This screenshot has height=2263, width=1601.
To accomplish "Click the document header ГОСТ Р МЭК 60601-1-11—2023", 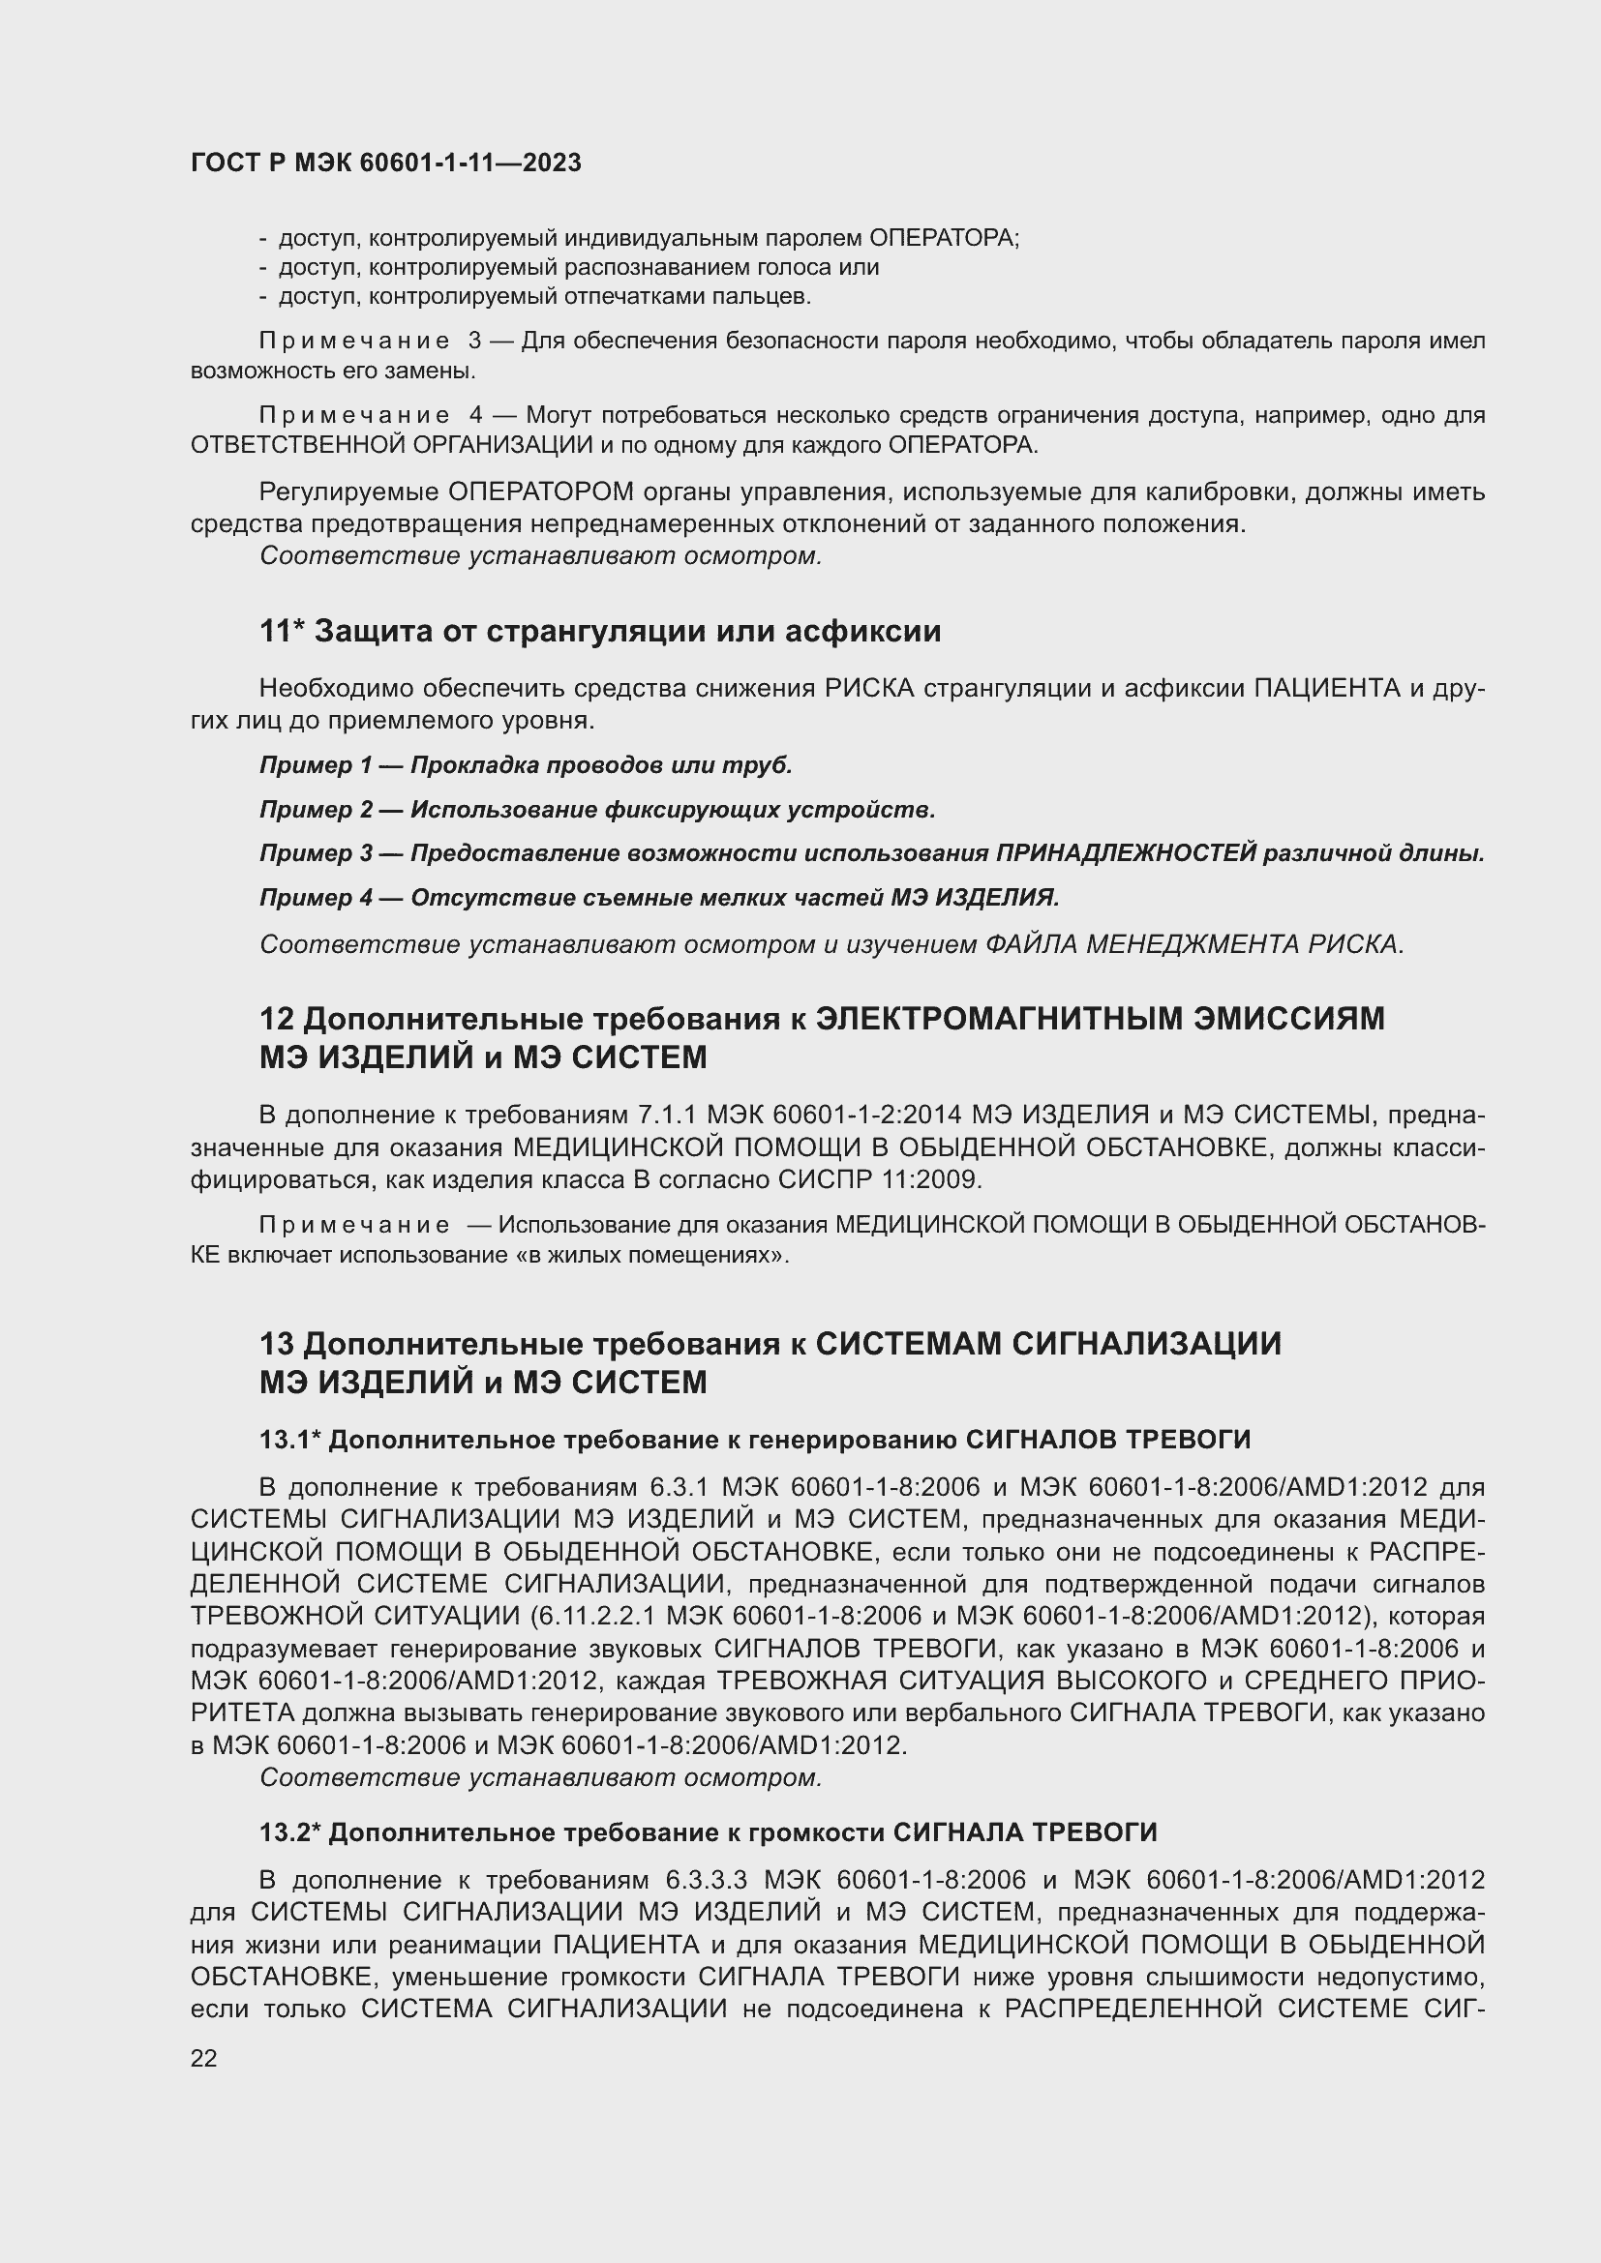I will [385, 163].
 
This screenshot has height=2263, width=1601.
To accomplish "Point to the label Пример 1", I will [315, 766].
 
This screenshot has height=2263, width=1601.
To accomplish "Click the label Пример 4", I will [315, 898].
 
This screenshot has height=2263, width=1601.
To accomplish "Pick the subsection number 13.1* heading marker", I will [289, 1440].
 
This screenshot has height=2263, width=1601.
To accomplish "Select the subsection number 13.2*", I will [289, 1832].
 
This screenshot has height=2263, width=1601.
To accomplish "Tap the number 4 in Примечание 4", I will [477, 416].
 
